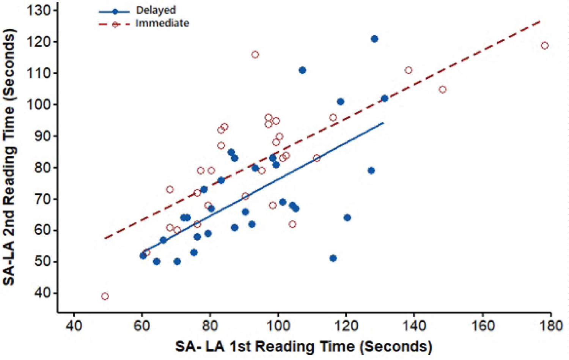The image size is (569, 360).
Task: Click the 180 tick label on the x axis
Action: pyautogui.click(x=550, y=326)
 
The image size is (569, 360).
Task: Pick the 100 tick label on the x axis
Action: pyautogui.click(x=278, y=326)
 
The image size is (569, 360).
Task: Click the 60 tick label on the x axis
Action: pyautogui.click(x=142, y=326)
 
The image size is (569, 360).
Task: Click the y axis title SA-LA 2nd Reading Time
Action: pyautogui.click(x=9, y=157)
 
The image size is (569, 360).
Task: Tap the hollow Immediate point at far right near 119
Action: pyautogui.click(x=544, y=46)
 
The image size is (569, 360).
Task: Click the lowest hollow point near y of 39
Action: pyautogui.click(x=105, y=296)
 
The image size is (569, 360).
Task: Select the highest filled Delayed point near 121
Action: pyautogui.click(x=374, y=39)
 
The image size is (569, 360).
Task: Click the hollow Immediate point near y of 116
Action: pyautogui.click(x=255, y=55)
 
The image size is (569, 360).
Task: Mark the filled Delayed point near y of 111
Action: pyautogui.click(x=302, y=70)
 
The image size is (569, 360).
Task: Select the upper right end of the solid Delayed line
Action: pyautogui.click(x=384, y=123)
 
